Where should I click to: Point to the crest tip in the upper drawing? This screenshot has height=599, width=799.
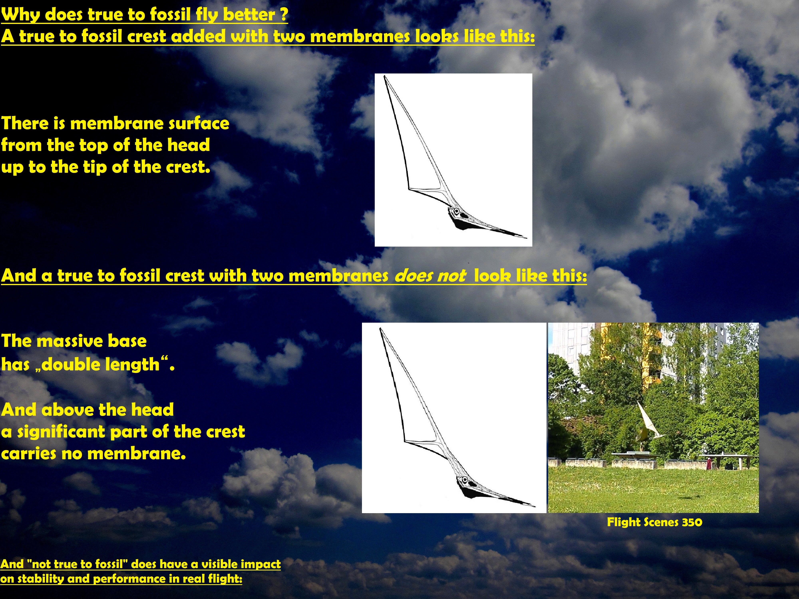(x=385, y=76)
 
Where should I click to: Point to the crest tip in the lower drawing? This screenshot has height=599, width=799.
(x=381, y=329)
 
